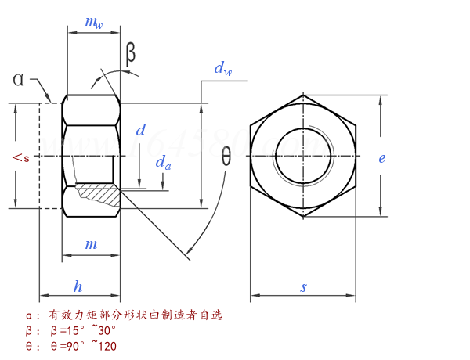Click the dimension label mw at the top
click(x=93, y=23)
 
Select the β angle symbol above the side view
click(x=130, y=52)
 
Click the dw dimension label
click(x=223, y=69)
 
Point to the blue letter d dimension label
click(x=140, y=130)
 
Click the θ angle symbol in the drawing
click(x=226, y=157)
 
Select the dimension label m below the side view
click(x=92, y=245)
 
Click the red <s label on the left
click(x=21, y=157)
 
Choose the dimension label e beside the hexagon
click(x=381, y=157)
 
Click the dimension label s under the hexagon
click(x=303, y=287)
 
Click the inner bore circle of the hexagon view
click(x=302, y=156)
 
